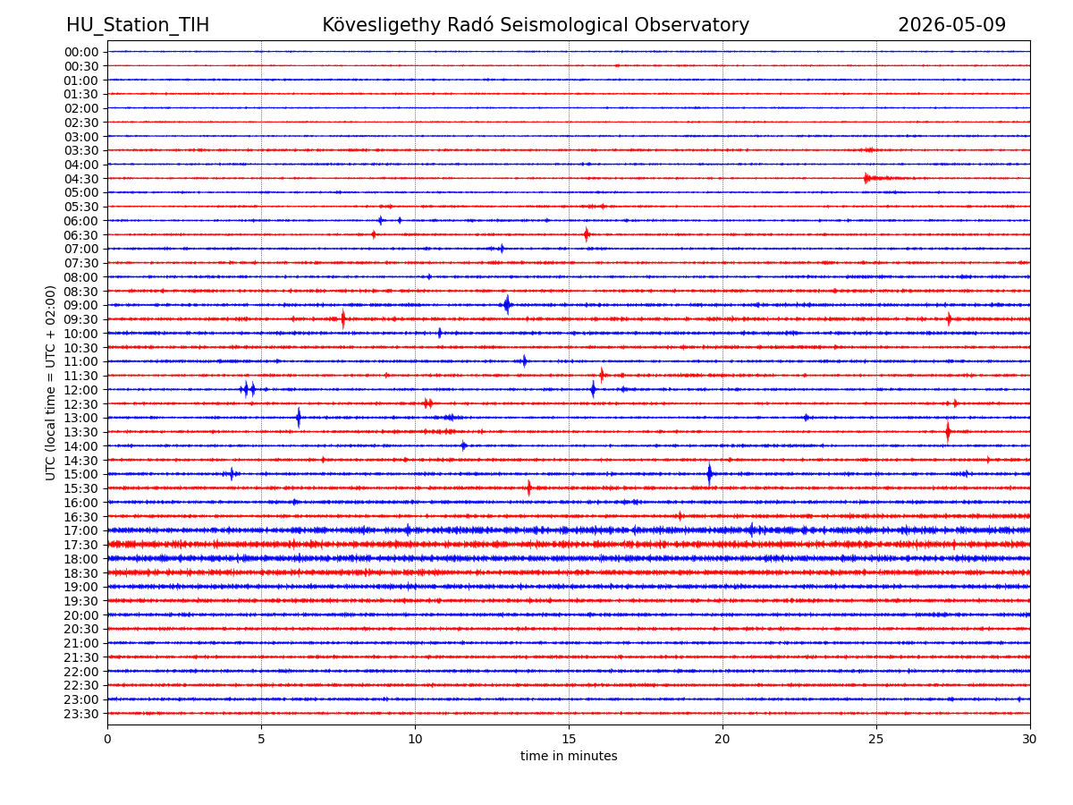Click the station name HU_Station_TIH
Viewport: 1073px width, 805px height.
pos(138,25)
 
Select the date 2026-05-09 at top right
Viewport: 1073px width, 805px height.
pos(951,25)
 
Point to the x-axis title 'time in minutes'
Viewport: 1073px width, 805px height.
pos(569,756)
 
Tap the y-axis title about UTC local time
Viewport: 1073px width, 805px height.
pos(50,383)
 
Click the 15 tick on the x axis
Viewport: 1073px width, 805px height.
pos(569,739)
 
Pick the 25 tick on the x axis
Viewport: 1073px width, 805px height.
pos(876,739)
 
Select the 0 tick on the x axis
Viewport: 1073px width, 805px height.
pos(107,739)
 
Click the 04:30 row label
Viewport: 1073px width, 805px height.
pos(81,179)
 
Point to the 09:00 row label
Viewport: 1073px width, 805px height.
pos(81,306)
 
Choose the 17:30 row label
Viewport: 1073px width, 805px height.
pos(81,545)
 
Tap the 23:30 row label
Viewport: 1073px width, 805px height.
pos(81,714)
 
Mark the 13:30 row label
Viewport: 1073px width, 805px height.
pos(81,432)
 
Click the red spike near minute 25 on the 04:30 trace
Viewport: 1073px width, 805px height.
pos(866,178)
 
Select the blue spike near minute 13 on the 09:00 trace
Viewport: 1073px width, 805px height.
pos(507,304)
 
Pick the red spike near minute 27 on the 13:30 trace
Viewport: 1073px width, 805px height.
pos(947,432)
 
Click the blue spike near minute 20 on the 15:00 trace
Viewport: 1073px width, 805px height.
pos(709,474)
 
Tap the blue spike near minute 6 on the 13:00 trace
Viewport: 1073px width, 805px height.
pos(299,418)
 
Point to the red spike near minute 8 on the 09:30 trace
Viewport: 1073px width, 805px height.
pos(343,318)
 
